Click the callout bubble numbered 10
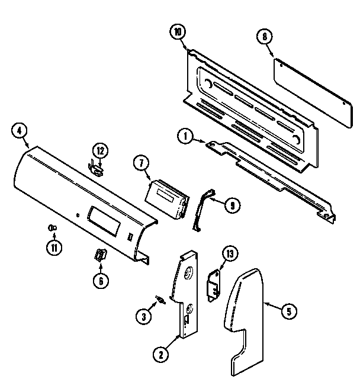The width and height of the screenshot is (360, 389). [176, 33]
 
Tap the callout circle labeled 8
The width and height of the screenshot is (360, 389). [266, 37]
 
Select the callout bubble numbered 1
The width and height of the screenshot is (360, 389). [186, 137]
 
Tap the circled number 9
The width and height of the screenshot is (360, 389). [232, 205]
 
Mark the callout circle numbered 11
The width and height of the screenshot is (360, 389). [54, 247]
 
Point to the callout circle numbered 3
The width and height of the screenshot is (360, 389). [142, 317]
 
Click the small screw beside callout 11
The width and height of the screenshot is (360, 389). [52, 227]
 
